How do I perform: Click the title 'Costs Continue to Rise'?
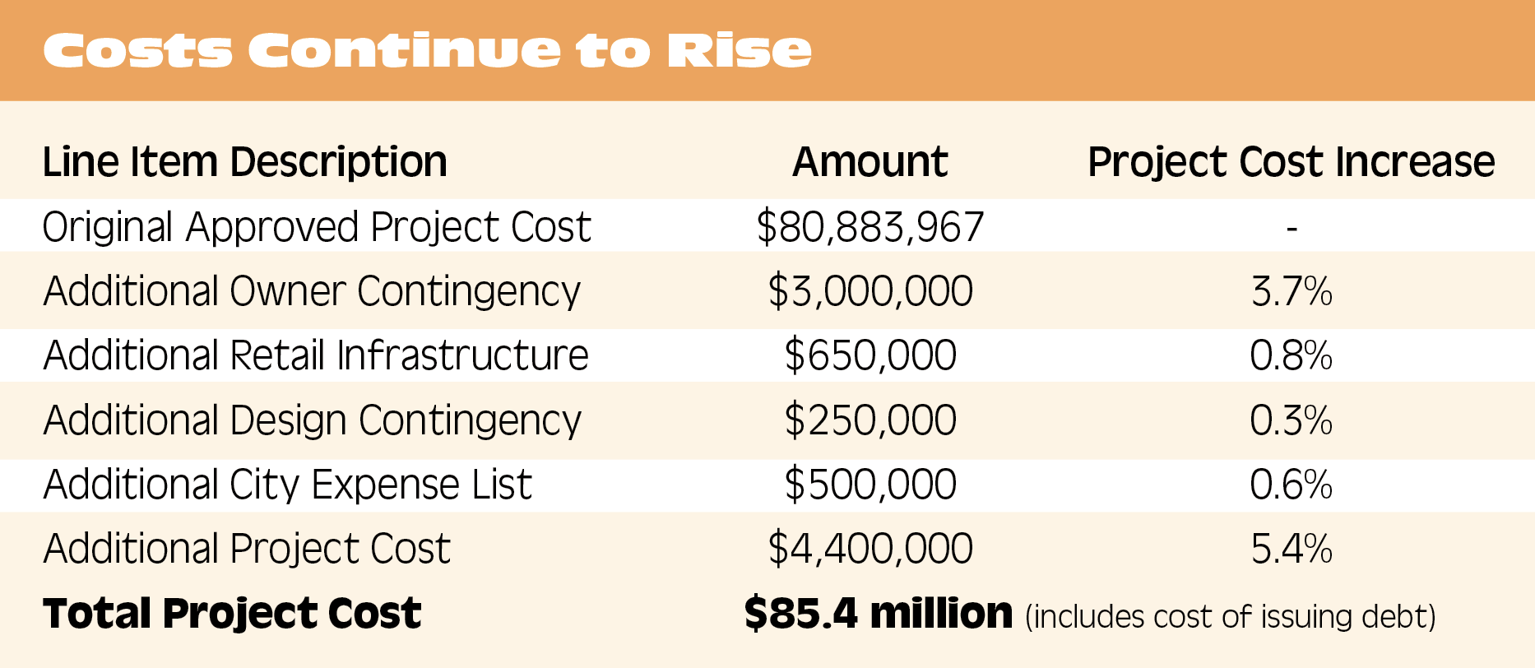pos(427,50)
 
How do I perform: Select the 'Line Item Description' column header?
pos(244,162)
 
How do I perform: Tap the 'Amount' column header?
pos(870,162)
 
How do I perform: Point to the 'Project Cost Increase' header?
pos(1291,162)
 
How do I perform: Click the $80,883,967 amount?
pos(870,227)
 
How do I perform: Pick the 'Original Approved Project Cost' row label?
pos(317,227)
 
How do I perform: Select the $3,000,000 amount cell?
pos(870,291)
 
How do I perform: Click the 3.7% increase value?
pos(1291,291)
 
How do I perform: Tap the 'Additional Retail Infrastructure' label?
pos(316,355)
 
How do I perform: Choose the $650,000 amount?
pos(870,355)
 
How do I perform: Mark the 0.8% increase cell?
pos(1291,355)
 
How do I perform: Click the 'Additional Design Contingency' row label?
pos(312,420)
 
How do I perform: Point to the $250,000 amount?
pos(870,420)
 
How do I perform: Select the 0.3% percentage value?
pos(1291,420)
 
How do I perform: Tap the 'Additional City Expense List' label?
pos(288,485)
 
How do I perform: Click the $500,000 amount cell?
pos(870,485)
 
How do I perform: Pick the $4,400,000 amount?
pos(870,549)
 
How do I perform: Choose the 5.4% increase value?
pos(1291,549)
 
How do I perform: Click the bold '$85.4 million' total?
pos(878,614)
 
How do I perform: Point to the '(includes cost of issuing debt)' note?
pos(1230,616)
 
